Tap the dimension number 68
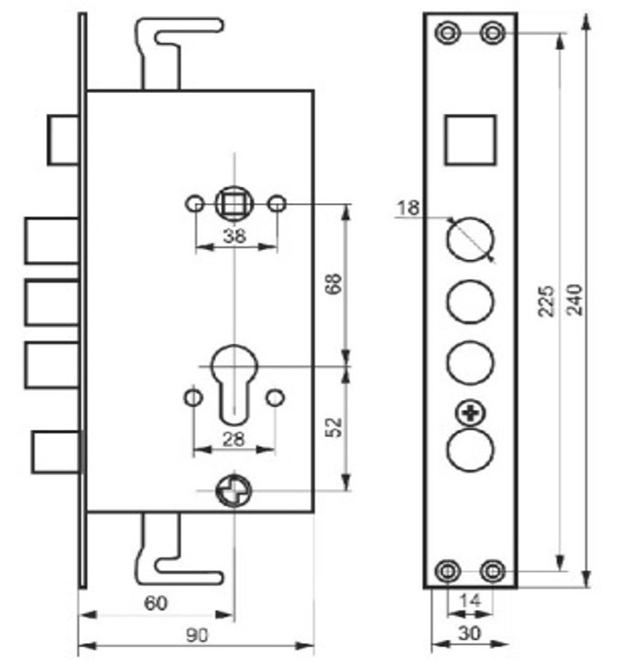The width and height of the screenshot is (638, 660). tap(333, 283)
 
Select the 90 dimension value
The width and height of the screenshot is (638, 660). tap(196, 636)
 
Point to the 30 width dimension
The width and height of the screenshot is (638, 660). tap(469, 634)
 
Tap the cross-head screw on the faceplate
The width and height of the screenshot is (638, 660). tap(470, 414)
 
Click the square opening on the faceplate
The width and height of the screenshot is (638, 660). tap(470, 139)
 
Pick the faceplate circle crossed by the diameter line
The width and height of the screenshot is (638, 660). tap(471, 239)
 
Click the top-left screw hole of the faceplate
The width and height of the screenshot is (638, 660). tap(446, 33)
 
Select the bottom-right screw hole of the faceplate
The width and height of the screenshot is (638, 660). tap(493, 570)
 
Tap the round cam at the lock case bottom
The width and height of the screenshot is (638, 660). tap(232, 491)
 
